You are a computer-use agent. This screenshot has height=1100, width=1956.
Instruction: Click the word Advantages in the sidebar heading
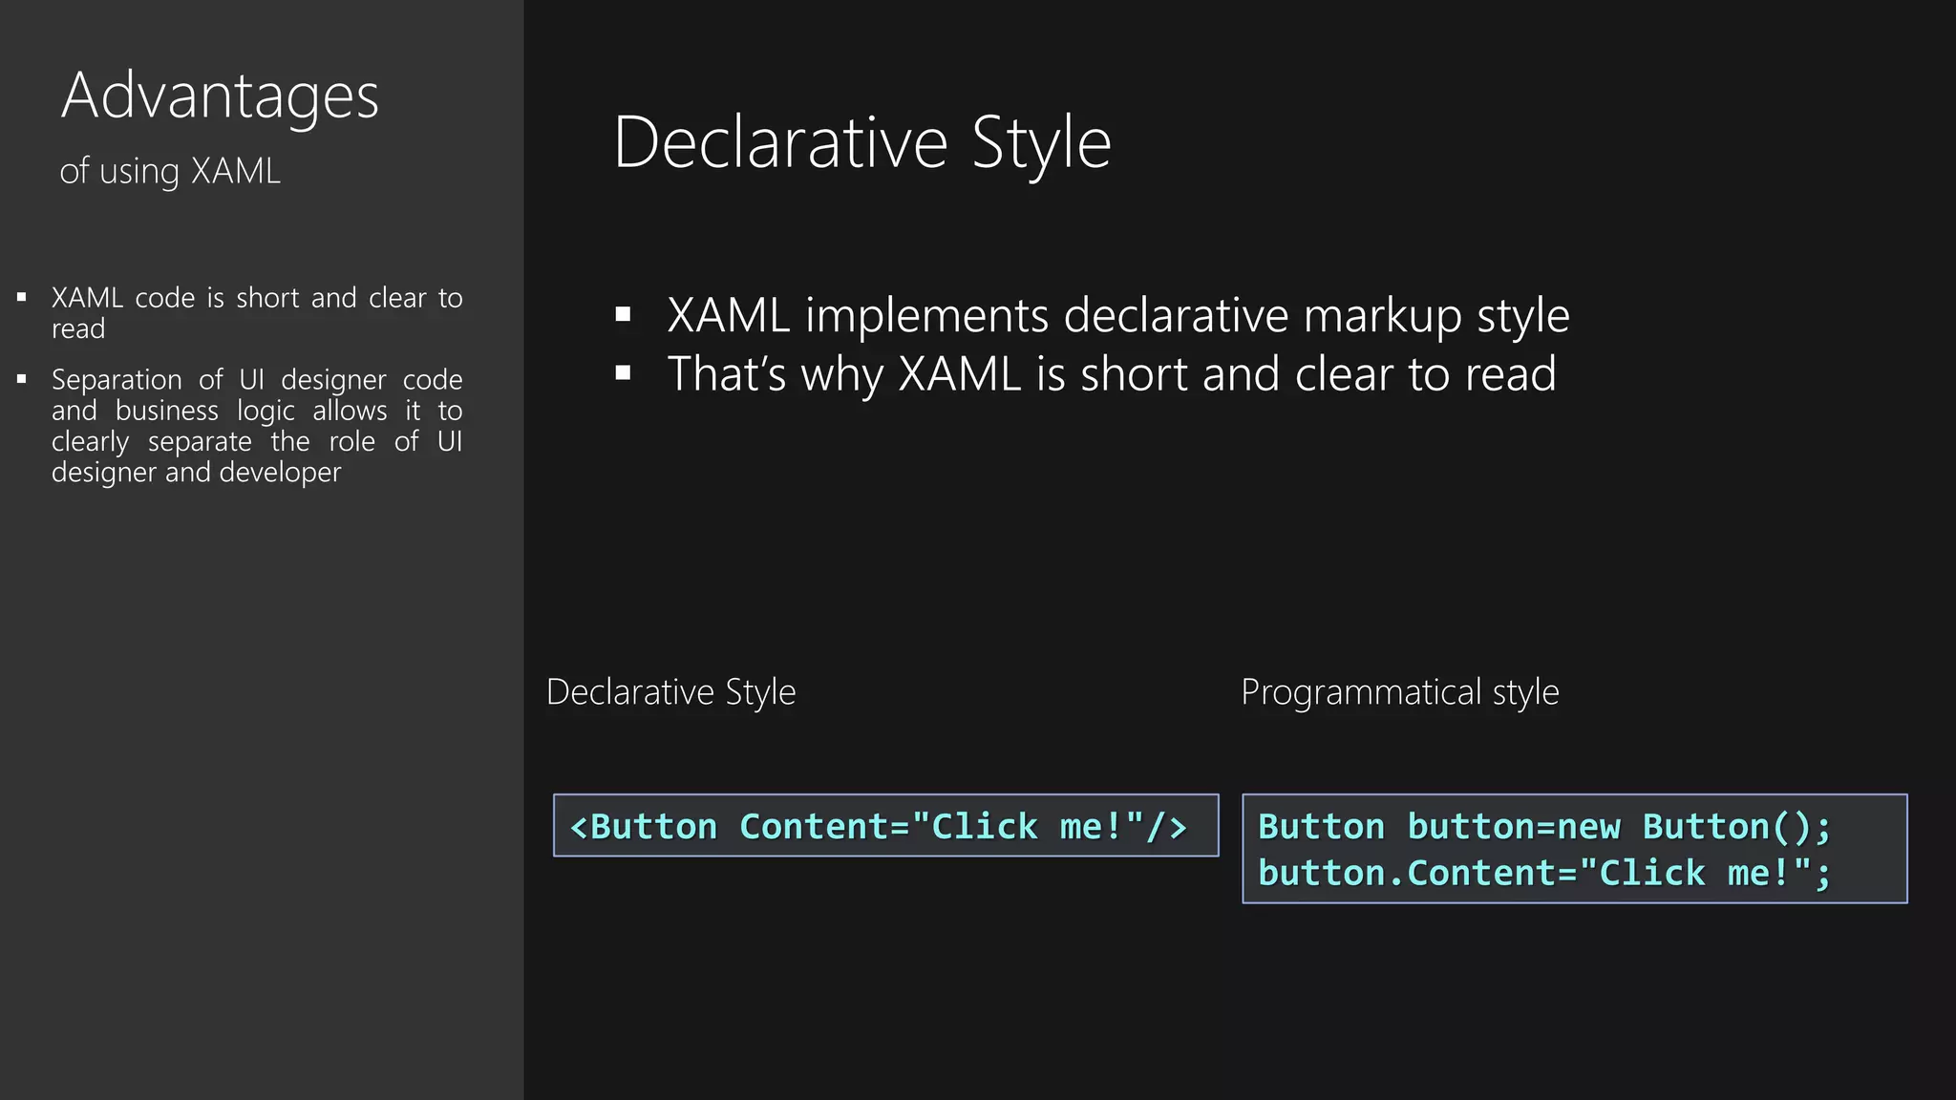coord(220,96)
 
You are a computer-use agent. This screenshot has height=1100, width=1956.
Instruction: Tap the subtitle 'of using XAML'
coord(170,172)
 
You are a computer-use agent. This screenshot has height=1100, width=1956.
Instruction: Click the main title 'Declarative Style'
coord(861,143)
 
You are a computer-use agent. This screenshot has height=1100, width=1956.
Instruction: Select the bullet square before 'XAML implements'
coord(624,314)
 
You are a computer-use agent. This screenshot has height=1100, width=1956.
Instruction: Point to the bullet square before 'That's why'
coord(624,373)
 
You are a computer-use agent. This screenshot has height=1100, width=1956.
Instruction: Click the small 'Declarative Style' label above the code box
coord(670,692)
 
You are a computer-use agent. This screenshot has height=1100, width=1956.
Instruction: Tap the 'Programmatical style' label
coord(1399,692)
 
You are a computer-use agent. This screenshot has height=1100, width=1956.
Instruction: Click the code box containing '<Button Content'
coord(885,826)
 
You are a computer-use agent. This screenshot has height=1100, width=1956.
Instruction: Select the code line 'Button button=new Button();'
coord(1544,827)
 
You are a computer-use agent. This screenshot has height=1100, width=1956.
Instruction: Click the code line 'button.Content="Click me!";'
coord(1544,873)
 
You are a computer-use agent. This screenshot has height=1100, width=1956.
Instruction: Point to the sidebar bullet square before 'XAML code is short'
coord(22,298)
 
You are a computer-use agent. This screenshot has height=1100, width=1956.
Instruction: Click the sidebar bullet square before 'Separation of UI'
coord(22,380)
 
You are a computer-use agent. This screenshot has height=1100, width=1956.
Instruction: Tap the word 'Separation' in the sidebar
coord(117,380)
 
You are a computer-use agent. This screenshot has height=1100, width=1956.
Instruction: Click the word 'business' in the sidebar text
coord(166,411)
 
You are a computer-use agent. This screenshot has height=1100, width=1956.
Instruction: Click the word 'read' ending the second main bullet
coord(1511,373)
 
